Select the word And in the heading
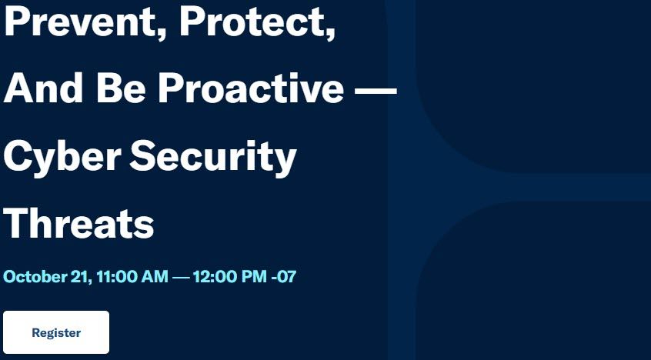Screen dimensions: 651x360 43,88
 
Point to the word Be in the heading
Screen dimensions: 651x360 121,88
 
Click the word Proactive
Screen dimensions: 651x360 252,88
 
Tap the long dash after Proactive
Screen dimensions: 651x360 376,88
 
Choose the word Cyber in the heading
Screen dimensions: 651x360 62,158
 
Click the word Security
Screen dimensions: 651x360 213,158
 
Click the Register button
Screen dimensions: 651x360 56,332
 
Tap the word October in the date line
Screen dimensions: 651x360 34,277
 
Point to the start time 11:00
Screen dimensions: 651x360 117,277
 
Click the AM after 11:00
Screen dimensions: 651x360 155,277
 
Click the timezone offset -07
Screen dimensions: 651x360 284,277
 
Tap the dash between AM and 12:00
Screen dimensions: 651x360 181,278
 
